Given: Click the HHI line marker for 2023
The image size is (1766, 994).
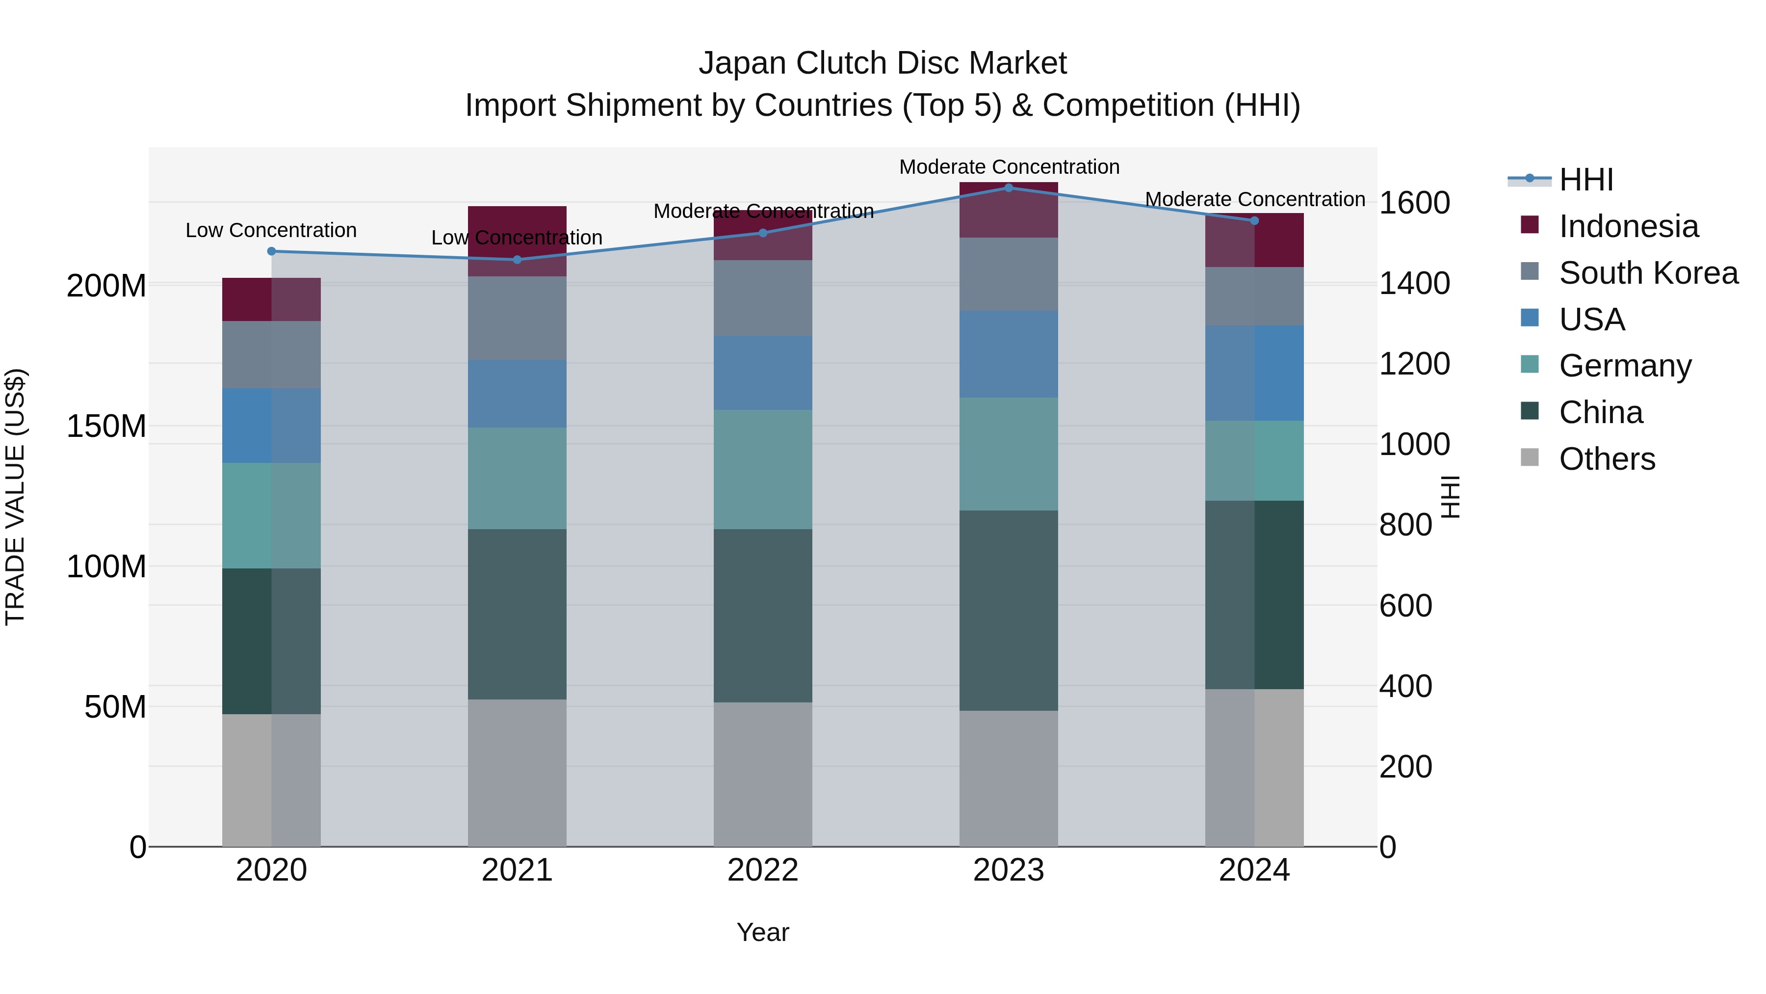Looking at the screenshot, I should coord(1009,188).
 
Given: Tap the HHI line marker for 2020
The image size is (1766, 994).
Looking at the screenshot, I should coord(271,251).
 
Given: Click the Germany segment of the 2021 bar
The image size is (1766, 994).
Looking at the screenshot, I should coord(517,478).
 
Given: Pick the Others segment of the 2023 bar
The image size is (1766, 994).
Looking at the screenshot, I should coord(1009,778).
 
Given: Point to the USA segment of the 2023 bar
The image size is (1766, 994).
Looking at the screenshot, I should coord(1009,354).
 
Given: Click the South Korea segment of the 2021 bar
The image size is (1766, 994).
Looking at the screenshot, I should coord(517,318).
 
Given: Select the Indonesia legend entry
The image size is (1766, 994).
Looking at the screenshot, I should coord(1628,226).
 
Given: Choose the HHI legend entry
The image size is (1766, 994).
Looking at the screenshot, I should coord(1585,180).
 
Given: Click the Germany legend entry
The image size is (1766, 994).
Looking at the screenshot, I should coord(1625,366).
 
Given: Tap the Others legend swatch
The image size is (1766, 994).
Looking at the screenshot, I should coord(1530,457).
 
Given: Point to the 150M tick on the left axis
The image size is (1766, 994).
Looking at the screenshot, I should coord(106,426).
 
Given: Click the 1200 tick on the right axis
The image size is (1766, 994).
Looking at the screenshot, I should coord(1414,364).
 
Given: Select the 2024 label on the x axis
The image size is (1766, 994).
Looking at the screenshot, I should coord(1254,870).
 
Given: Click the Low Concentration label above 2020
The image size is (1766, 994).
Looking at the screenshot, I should coord(271,231).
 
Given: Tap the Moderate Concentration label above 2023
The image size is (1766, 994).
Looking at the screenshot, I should coord(1009,167).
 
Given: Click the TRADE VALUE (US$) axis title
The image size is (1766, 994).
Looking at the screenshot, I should coord(15,497).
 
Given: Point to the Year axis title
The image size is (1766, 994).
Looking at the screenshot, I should coord(762,932).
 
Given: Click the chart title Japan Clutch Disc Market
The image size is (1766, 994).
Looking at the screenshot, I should coord(883,63).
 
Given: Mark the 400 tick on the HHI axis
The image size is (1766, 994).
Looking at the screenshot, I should coord(1405,686).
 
